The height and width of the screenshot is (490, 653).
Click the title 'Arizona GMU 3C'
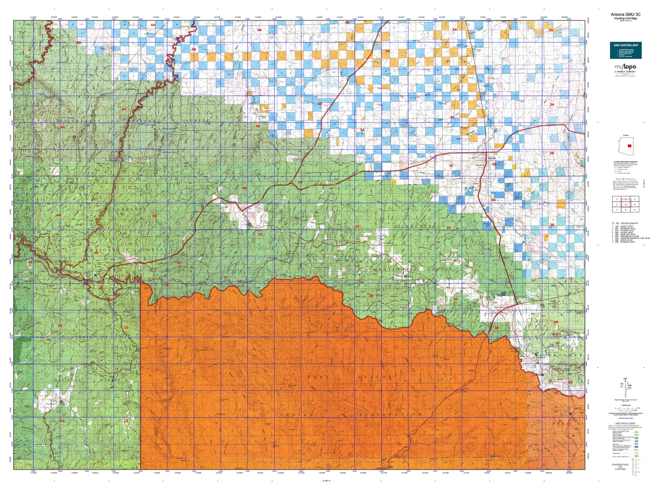[625, 14]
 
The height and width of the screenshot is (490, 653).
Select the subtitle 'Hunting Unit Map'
[625, 19]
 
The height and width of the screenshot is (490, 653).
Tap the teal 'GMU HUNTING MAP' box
[625, 50]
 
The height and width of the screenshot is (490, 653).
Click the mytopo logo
[625, 67]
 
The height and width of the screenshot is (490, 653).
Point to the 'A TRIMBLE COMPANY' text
[625, 72]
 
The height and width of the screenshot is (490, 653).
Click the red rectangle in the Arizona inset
[629, 146]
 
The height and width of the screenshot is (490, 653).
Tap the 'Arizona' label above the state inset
[625, 135]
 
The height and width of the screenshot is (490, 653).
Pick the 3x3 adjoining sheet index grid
[625, 204]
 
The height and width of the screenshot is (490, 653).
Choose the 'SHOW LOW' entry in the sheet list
[628, 234]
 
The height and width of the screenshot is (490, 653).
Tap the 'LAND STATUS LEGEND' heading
[625, 424]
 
